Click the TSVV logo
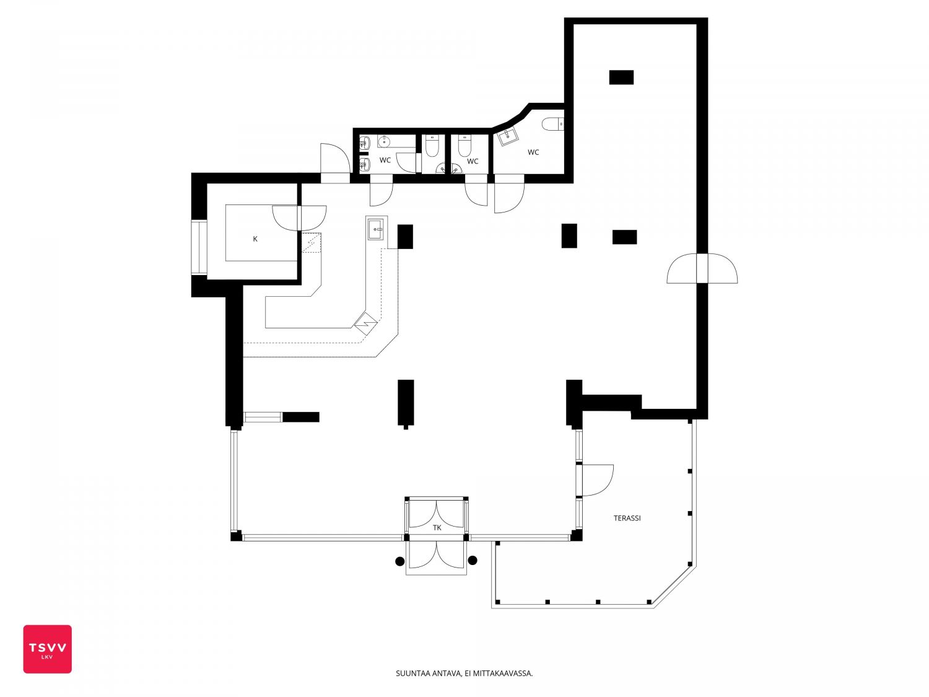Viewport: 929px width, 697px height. (x=48, y=649)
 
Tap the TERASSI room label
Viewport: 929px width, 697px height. (x=627, y=518)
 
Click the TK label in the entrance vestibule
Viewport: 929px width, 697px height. (x=437, y=528)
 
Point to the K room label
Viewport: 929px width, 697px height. (x=255, y=239)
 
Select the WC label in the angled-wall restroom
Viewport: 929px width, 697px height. (x=533, y=152)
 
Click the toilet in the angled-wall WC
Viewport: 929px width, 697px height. (x=552, y=124)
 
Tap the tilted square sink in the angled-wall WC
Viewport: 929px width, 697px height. (x=507, y=137)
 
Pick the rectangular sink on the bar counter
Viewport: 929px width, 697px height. (x=377, y=229)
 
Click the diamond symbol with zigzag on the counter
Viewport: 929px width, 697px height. (x=365, y=324)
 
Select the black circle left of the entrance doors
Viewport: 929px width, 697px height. (x=399, y=561)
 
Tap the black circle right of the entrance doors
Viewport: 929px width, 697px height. (x=473, y=560)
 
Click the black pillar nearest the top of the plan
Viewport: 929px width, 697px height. (x=621, y=77)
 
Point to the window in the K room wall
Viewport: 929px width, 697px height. (x=199, y=248)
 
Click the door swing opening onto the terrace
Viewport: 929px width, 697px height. (x=598, y=480)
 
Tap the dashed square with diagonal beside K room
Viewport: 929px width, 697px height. (x=311, y=242)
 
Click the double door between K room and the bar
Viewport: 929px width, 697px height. (x=299, y=218)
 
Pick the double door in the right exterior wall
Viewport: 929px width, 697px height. (x=702, y=268)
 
